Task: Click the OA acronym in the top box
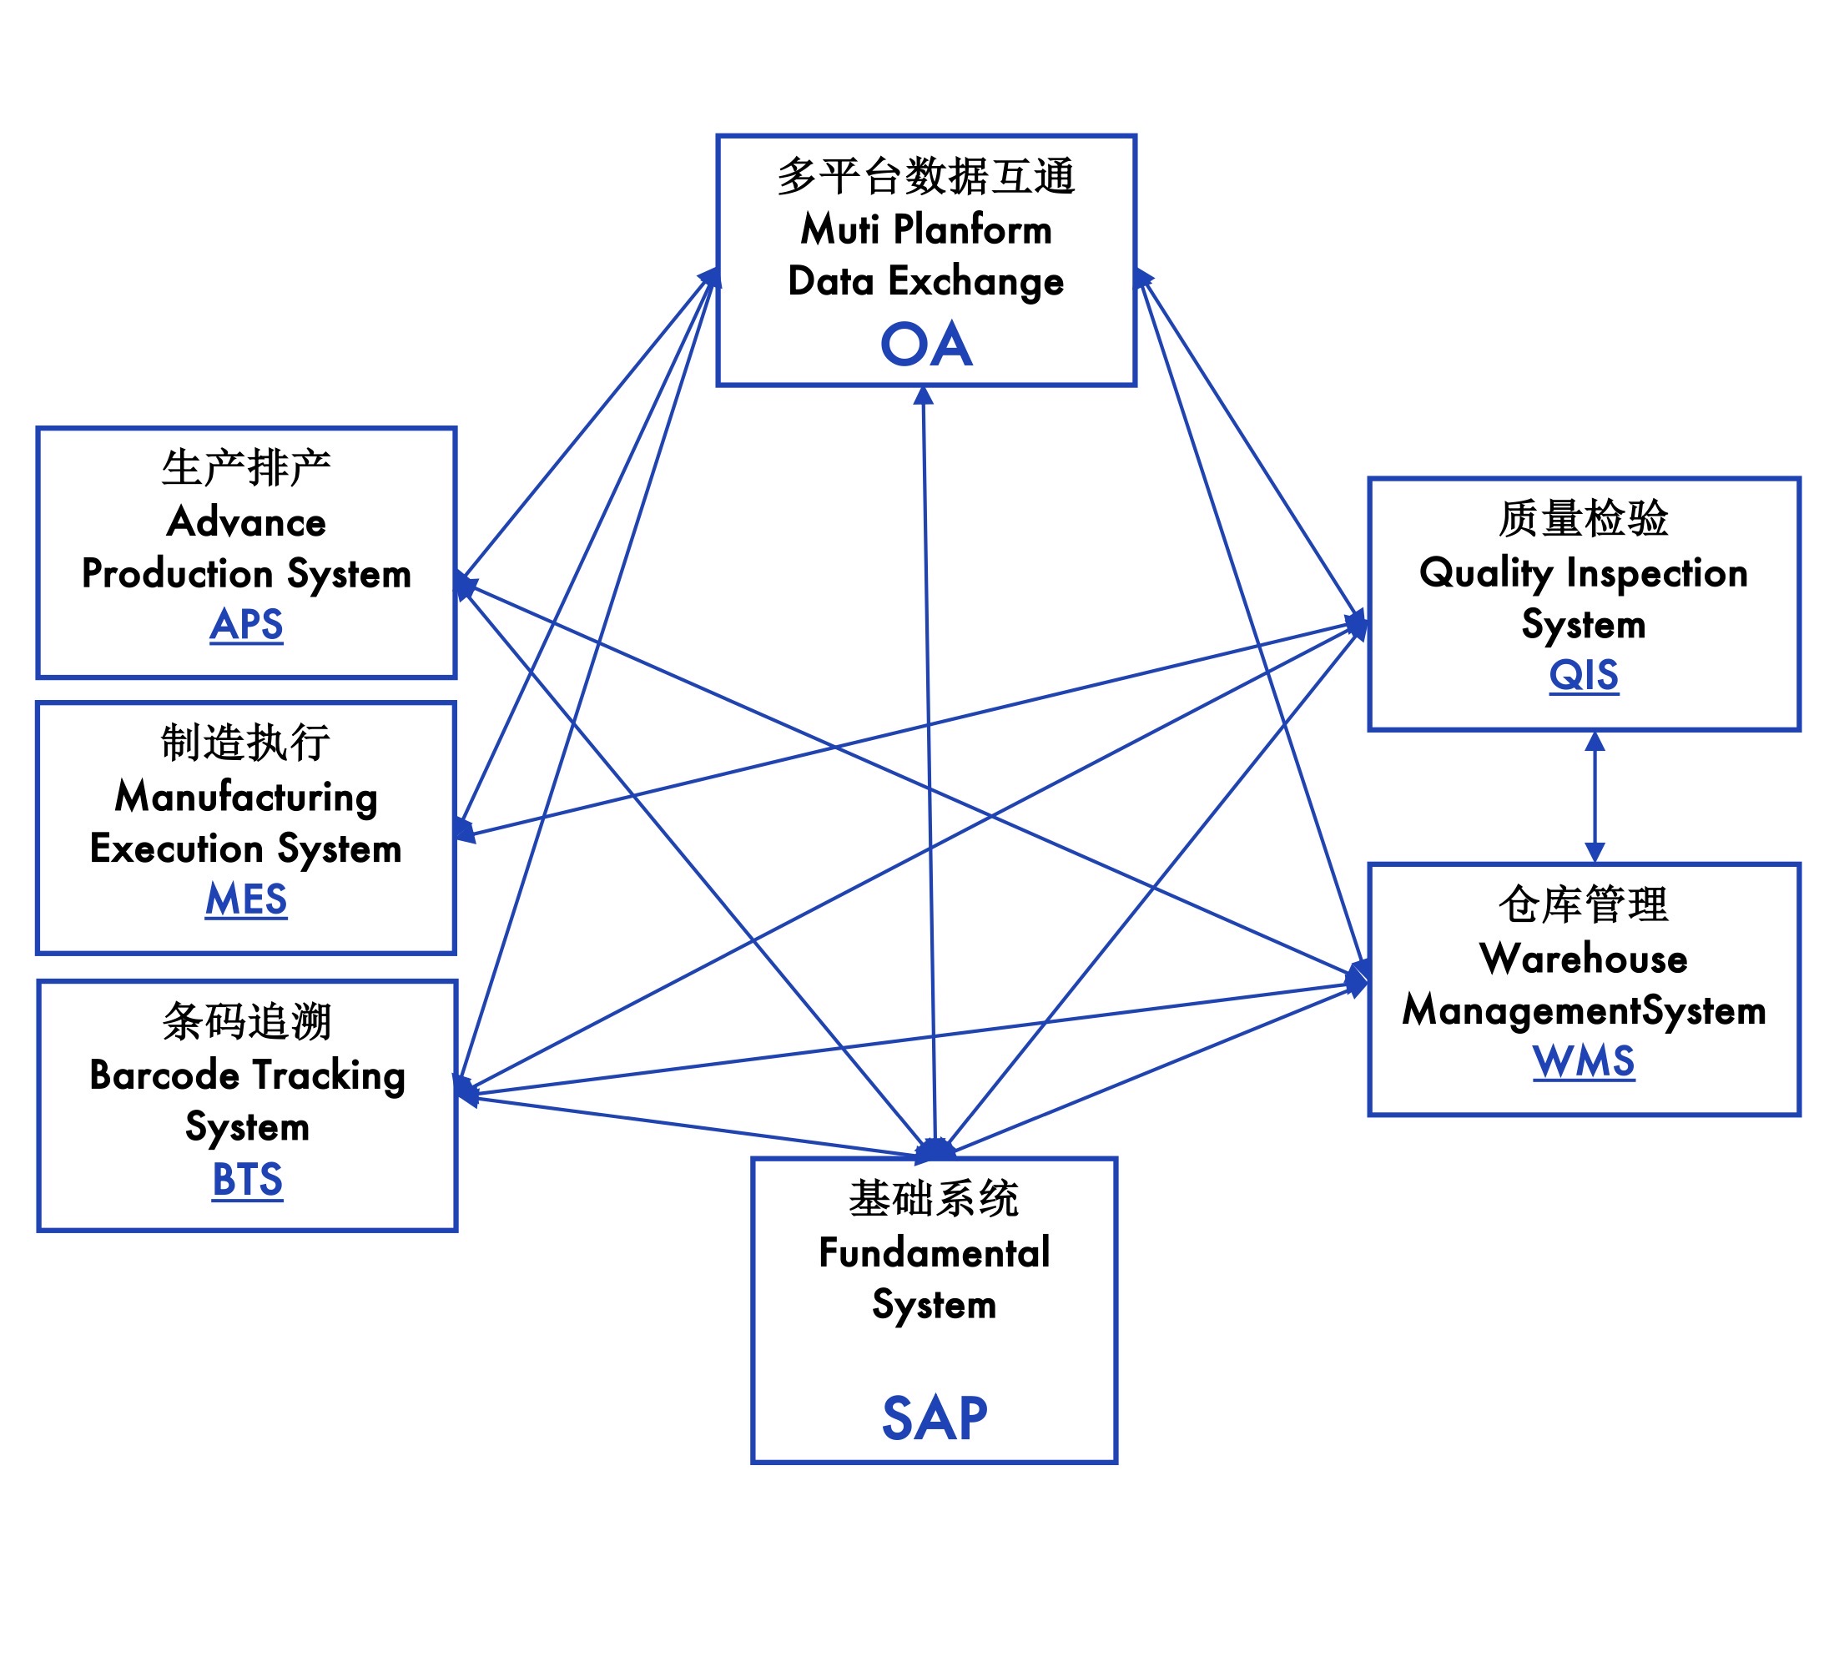tap(926, 345)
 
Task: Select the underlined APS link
tap(246, 625)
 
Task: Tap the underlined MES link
tap(246, 899)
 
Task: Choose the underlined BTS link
tap(248, 1180)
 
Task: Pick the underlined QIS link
tap(1584, 675)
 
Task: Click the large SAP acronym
tap(935, 1418)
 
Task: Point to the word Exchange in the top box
tap(975, 281)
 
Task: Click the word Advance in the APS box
tap(246, 522)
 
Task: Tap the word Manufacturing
tap(246, 797)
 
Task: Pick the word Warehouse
tap(1584, 959)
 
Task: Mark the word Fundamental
tap(935, 1252)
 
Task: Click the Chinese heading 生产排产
tap(246, 468)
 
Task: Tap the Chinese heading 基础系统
tap(935, 1199)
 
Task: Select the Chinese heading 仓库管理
tap(1584, 905)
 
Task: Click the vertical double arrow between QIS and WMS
tap(1595, 797)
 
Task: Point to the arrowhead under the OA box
tap(924, 395)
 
